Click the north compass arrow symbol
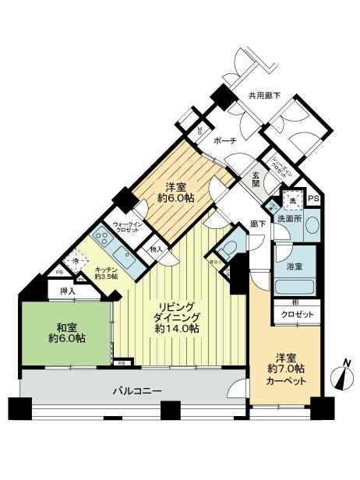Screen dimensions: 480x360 342,377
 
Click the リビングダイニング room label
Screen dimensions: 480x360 177,316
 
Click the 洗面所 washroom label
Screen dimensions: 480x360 290,219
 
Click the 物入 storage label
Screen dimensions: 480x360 155,250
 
